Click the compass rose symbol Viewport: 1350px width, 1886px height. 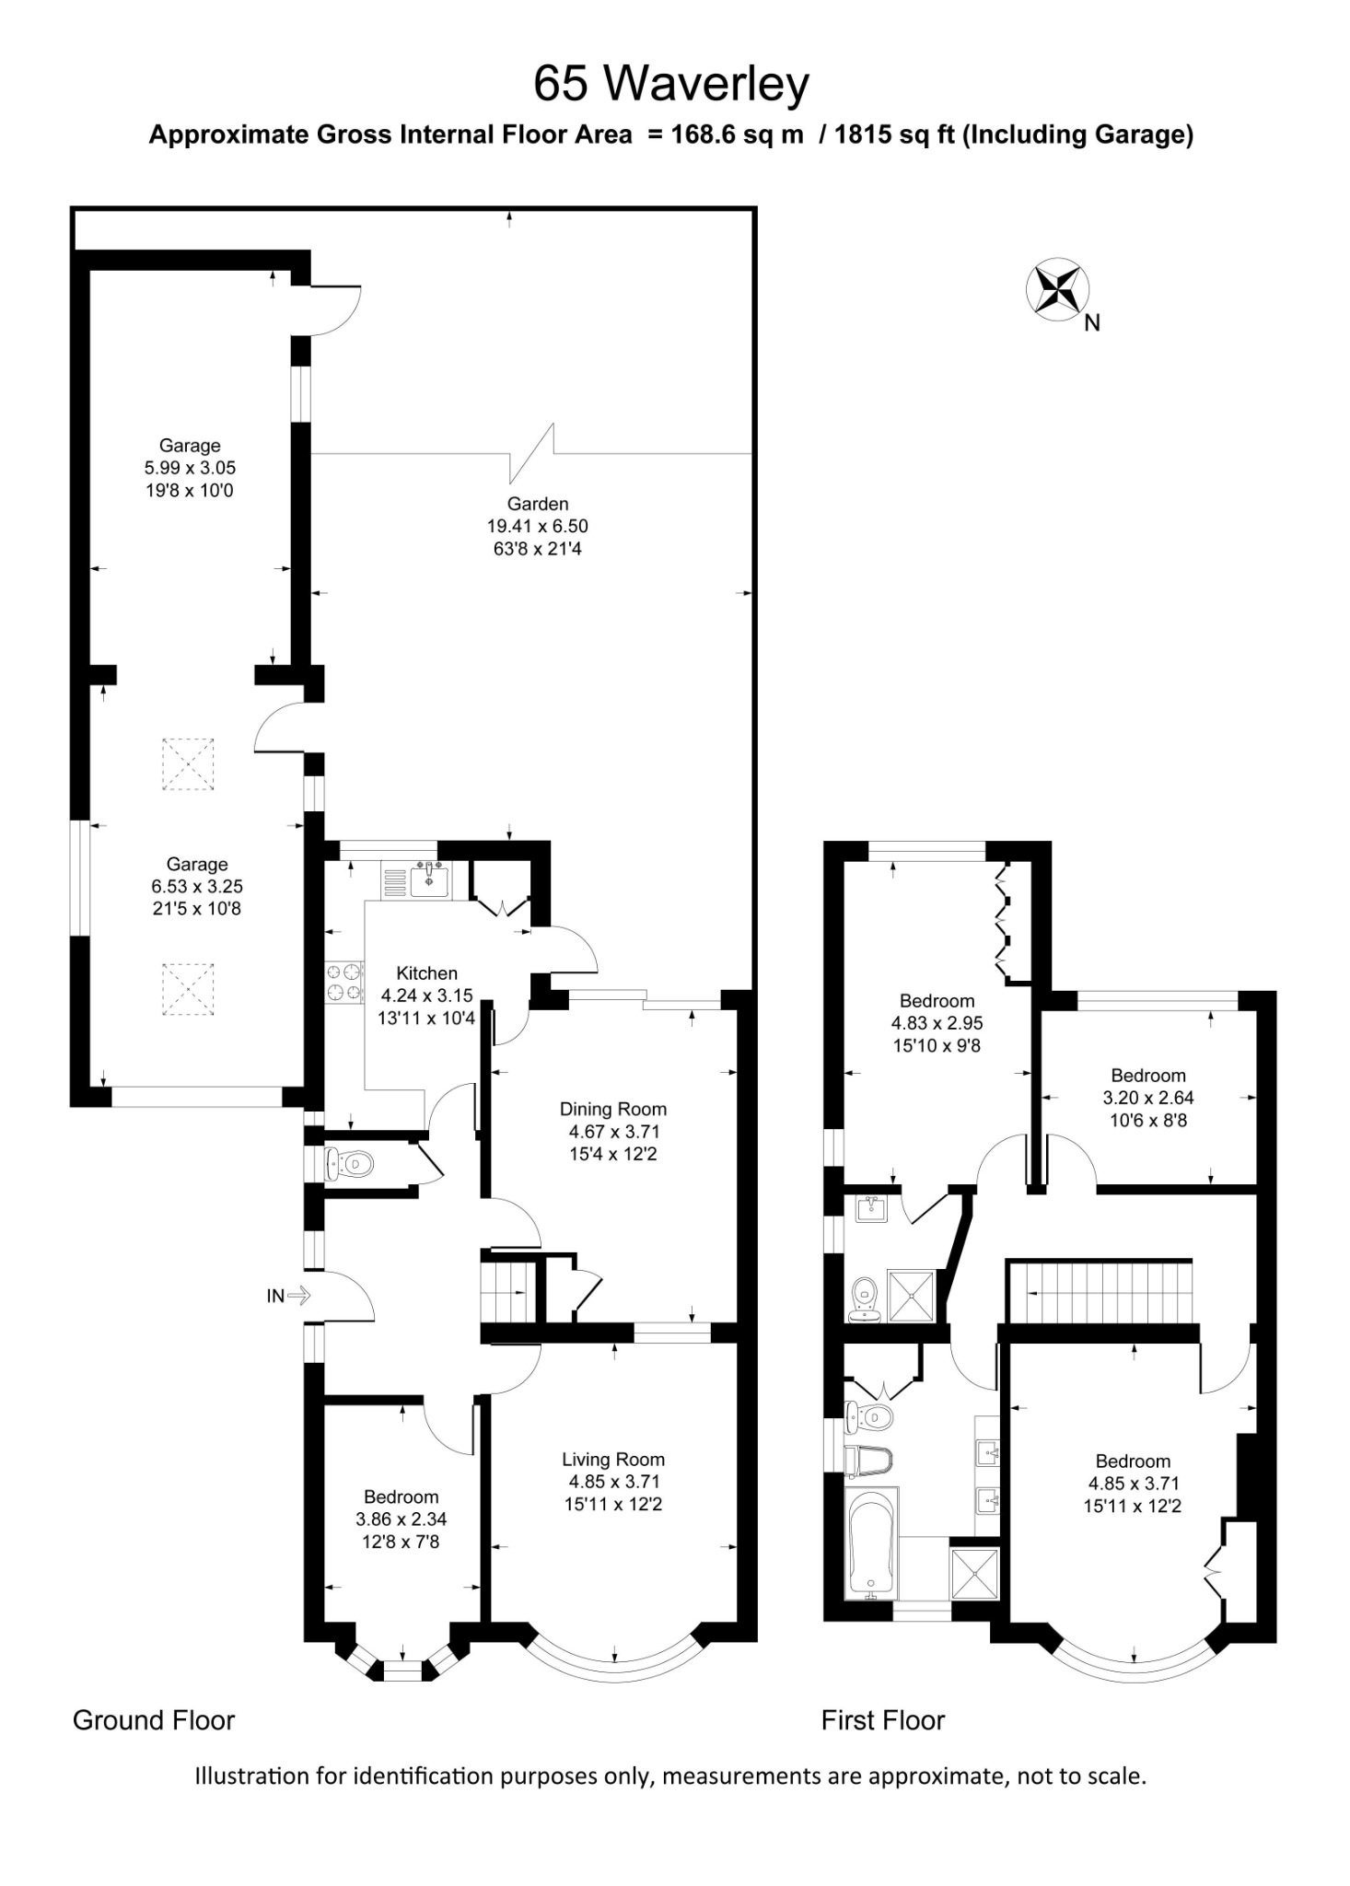(x=1057, y=289)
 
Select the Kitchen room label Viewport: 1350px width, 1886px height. (x=426, y=972)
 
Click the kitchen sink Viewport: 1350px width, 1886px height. (x=428, y=879)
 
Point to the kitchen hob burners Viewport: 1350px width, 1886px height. (x=344, y=981)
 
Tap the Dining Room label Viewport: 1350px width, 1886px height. (x=612, y=1109)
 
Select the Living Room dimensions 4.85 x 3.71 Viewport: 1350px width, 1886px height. (x=613, y=1481)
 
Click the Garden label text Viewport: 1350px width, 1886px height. (x=538, y=504)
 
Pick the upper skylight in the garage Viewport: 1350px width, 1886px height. (x=188, y=763)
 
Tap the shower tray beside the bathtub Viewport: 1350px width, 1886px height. (x=974, y=1576)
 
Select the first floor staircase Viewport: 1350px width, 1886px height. (x=1101, y=1292)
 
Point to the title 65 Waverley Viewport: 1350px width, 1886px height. (x=671, y=83)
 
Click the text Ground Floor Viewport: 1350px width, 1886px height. (x=154, y=1720)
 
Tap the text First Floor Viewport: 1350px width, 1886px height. (x=882, y=1720)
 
